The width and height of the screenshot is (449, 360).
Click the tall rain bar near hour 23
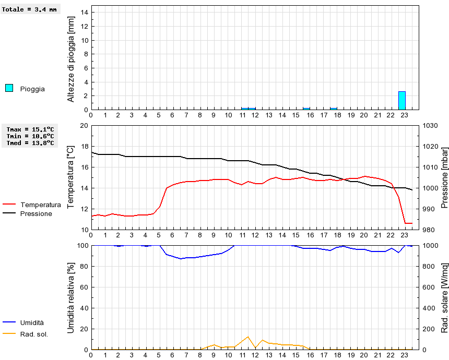point(401,100)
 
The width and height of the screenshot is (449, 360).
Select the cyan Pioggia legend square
point(9,88)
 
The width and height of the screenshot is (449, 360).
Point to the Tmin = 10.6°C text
point(30,136)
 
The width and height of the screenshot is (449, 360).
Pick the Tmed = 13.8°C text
point(30,143)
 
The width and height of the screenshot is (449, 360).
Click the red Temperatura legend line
point(9,205)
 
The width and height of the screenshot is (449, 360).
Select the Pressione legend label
point(36,213)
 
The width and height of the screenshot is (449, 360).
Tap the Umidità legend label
point(32,323)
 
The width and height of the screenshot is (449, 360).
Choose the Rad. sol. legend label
point(34,334)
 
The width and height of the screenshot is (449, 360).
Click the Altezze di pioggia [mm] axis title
point(72,58)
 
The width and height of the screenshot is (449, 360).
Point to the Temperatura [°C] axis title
point(72,177)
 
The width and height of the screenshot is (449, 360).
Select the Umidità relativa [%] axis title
point(72,297)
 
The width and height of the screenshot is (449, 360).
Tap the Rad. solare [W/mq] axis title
point(445,297)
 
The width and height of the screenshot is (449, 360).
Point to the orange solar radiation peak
point(248,337)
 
